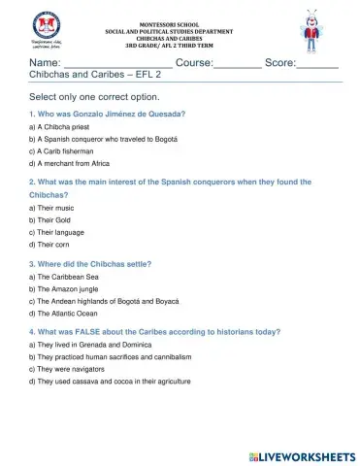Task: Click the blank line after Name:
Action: [x=120, y=64]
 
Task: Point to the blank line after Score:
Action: [x=316, y=64]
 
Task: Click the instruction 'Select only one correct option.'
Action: [x=94, y=98]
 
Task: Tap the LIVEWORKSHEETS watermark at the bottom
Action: [x=301, y=455]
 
